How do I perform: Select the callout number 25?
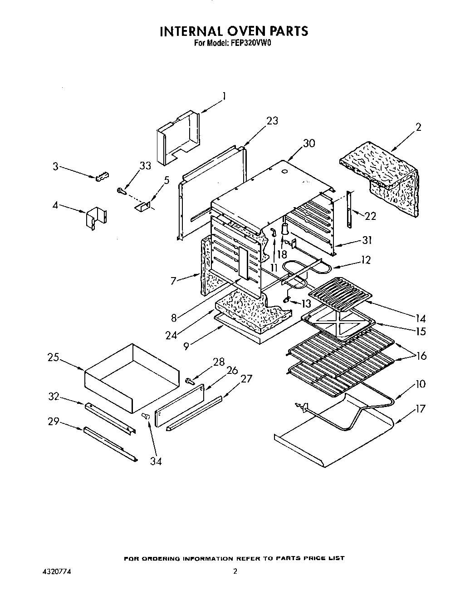(x=54, y=358)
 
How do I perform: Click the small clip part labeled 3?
(x=103, y=176)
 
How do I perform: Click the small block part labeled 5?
(x=142, y=207)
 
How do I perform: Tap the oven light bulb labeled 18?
(x=285, y=227)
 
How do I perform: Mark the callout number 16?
(x=421, y=356)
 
